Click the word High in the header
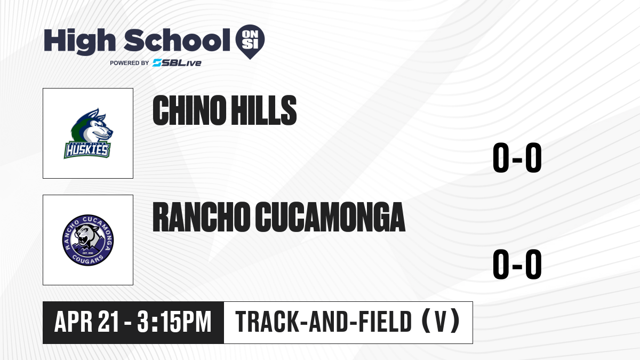(x=79, y=41)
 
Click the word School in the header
(x=177, y=39)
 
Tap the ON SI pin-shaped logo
(x=250, y=42)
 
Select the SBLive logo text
(x=177, y=63)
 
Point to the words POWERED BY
(x=130, y=63)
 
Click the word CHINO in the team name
(x=189, y=110)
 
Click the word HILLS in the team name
(x=263, y=110)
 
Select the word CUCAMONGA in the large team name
(x=330, y=217)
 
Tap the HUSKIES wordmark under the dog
(x=87, y=150)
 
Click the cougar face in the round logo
(x=87, y=236)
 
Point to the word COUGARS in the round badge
(x=87, y=259)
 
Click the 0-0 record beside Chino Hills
(x=517, y=158)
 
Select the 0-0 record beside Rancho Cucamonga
(x=517, y=265)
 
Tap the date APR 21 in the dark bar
(x=86, y=322)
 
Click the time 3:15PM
(x=174, y=322)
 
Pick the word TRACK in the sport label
(x=267, y=322)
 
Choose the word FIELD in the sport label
(x=385, y=322)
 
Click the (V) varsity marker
(x=441, y=322)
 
